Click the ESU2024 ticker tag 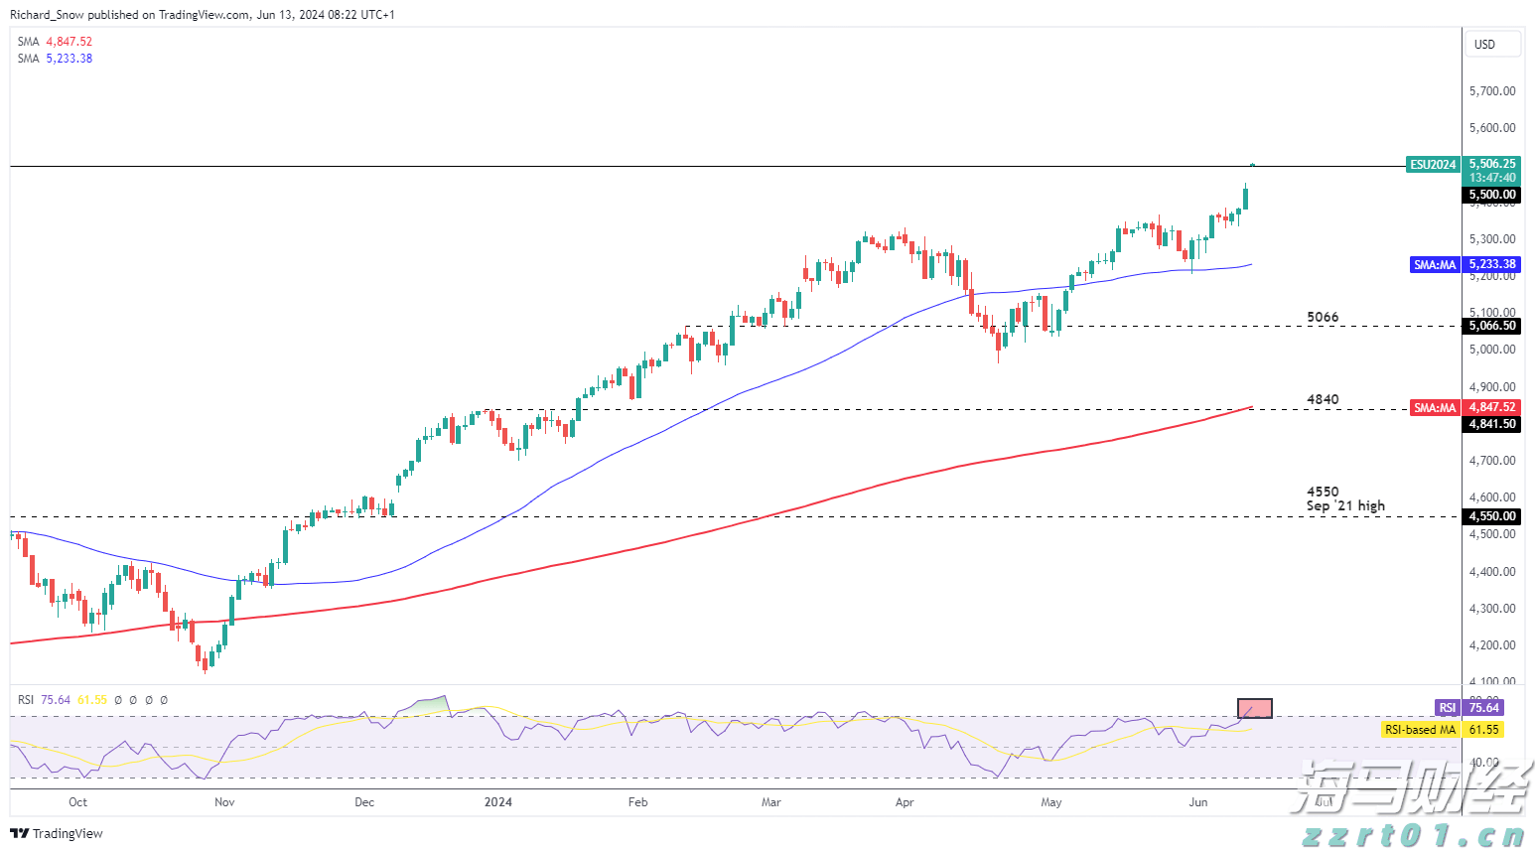1433,165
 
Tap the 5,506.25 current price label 1492,164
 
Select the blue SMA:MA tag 1435,265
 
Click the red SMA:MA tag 1435,408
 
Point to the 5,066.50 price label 1492,326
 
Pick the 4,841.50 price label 1492,424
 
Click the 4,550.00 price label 1492,516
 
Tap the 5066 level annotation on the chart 1323,318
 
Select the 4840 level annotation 1323,400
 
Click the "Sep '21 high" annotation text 1345,506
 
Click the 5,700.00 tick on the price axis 1492,91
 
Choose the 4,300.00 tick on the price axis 1492,609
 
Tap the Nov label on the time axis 224,802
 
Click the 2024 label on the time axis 498,802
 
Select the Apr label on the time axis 904,802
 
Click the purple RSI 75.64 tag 1469,708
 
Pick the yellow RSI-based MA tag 1442,730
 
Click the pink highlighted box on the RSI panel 1255,709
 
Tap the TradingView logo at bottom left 57,834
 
